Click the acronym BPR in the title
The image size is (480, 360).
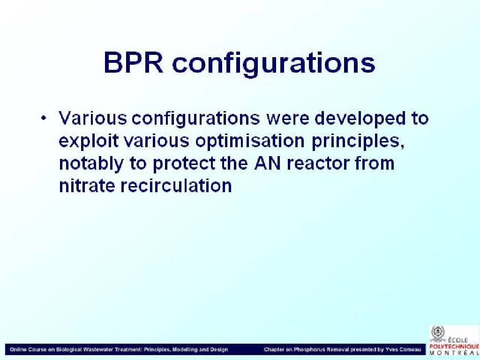pyautogui.click(x=134, y=63)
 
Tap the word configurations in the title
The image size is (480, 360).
pyautogui.click(x=273, y=65)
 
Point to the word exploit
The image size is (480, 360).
pyautogui.click(x=89, y=142)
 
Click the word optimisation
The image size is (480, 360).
pyautogui.click(x=250, y=142)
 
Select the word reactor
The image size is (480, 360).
pyautogui.click(x=318, y=164)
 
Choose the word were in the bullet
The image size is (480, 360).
pyautogui.click(x=288, y=119)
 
